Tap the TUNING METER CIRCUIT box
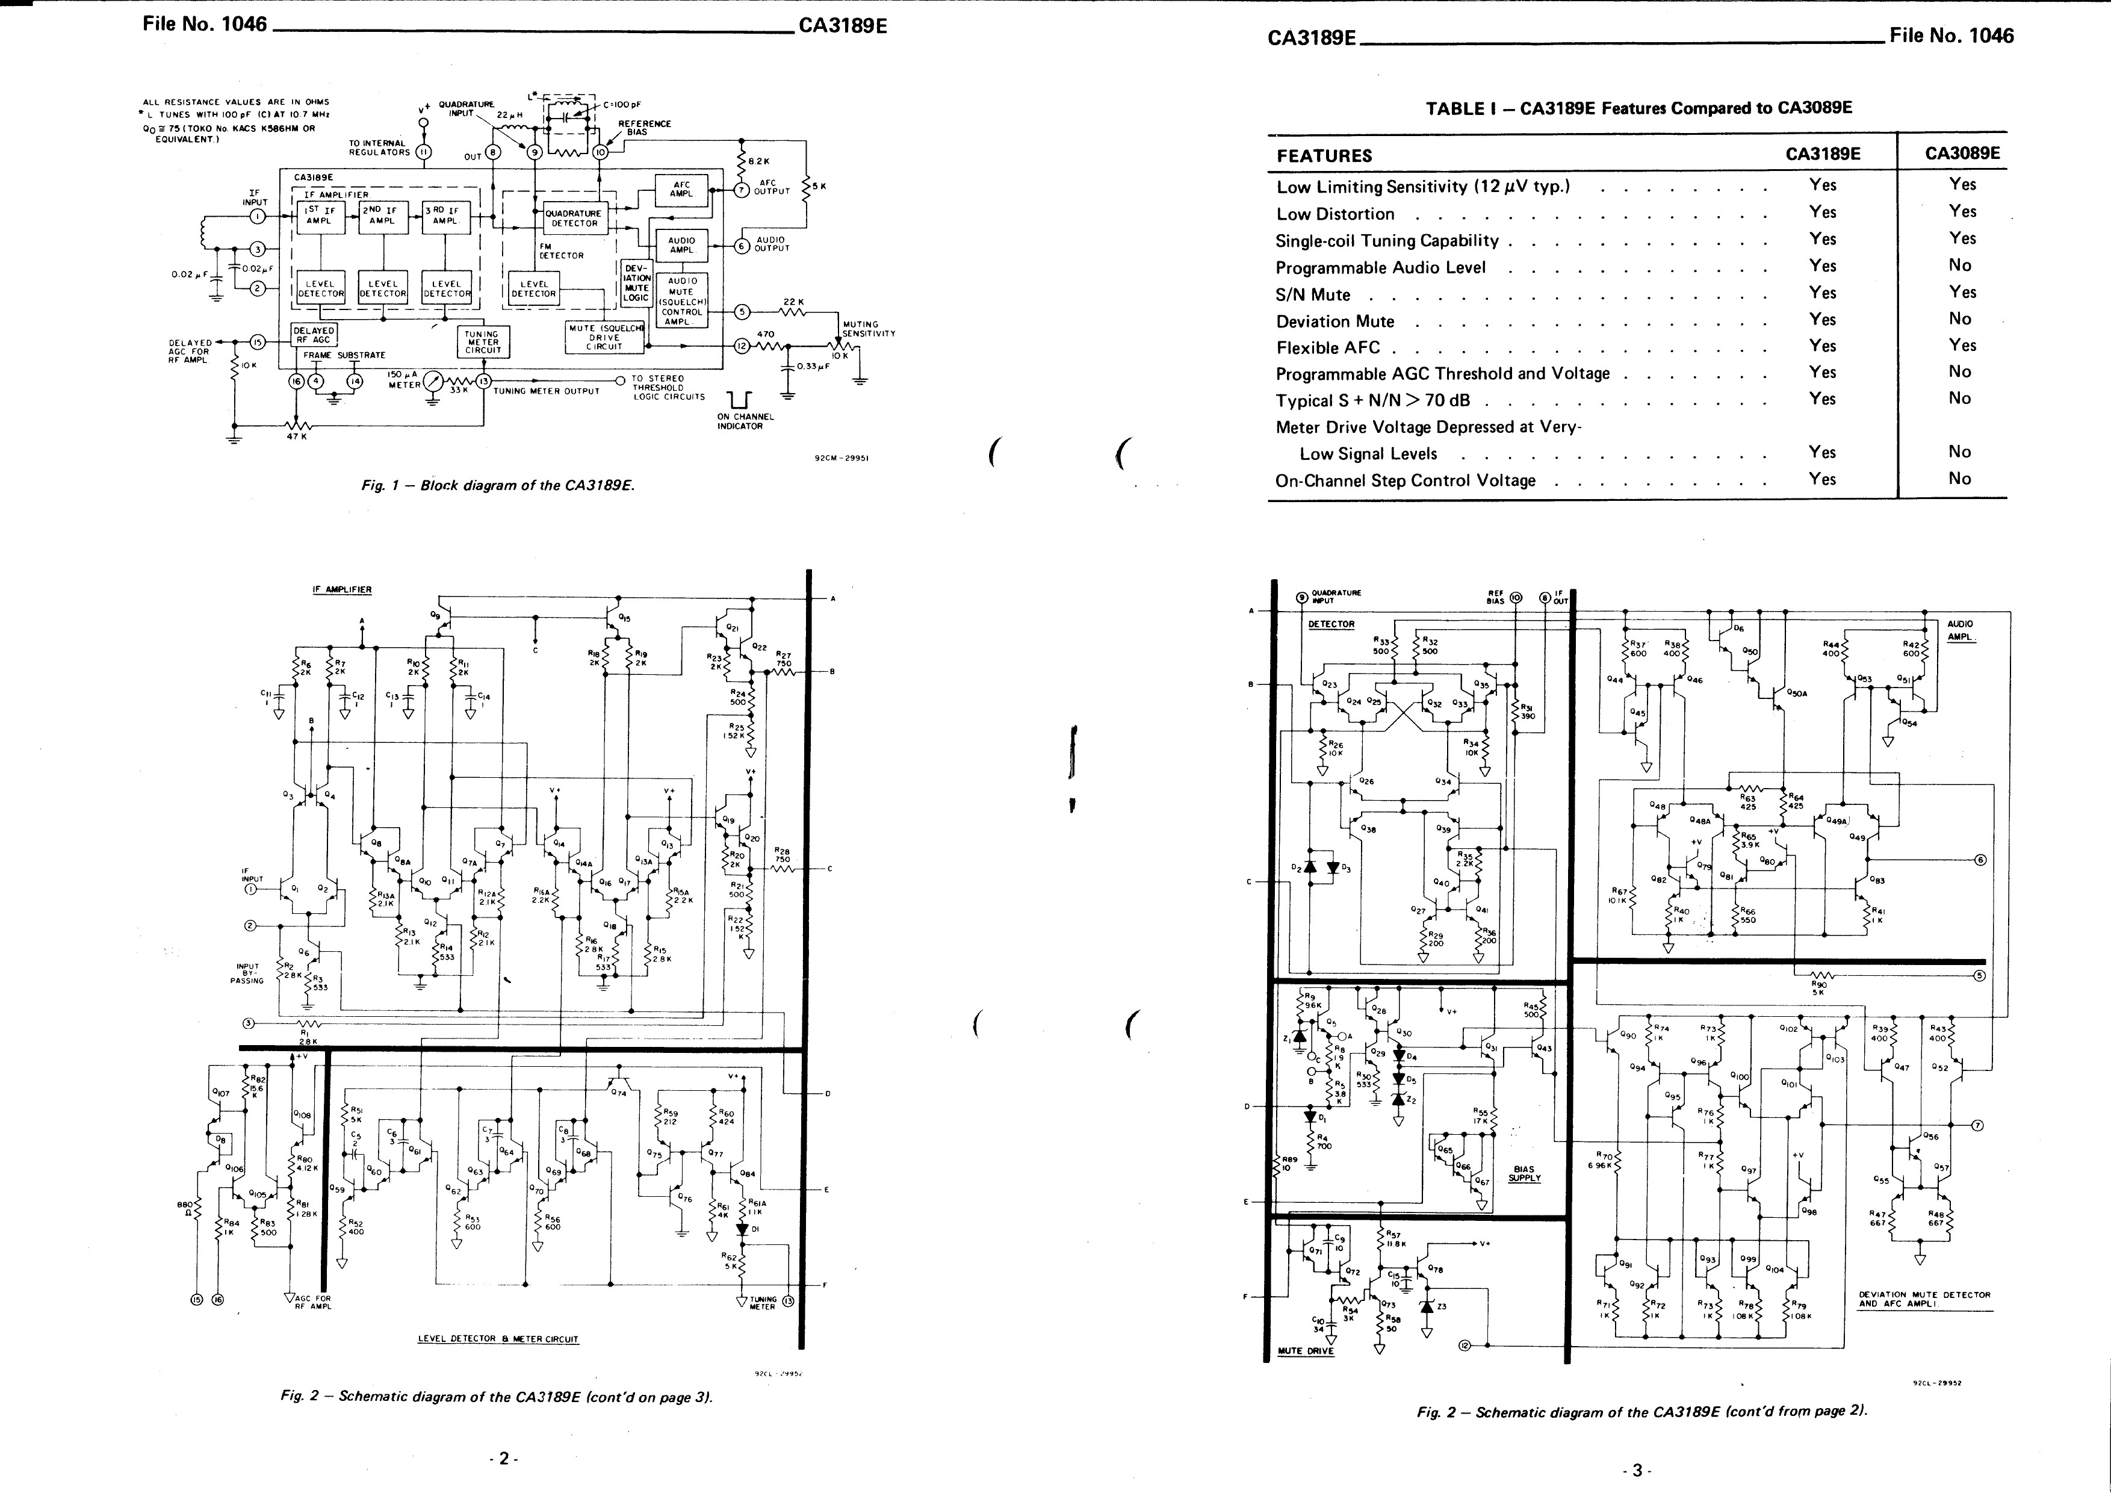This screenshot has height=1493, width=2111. coord(483,342)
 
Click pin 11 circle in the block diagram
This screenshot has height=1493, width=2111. coord(424,152)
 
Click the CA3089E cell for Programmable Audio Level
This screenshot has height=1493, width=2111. coord(1959,265)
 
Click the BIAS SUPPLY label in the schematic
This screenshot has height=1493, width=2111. coord(1524,1174)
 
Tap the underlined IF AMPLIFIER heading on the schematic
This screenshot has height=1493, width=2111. coord(342,589)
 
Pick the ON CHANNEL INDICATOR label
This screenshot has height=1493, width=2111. coord(745,421)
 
